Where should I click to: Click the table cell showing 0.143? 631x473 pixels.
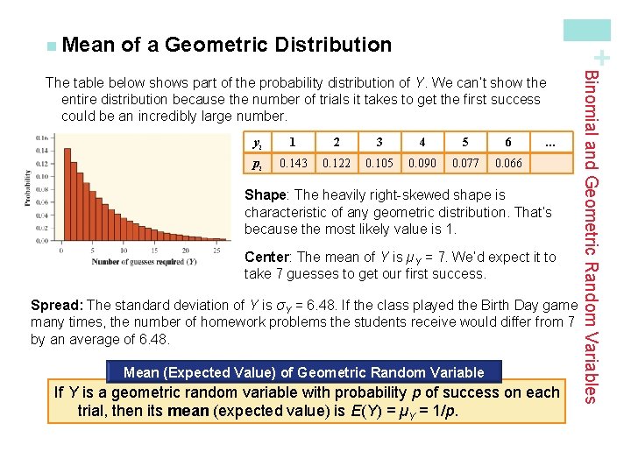(x=293, y=163)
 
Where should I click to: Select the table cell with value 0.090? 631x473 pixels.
(x=422, y=163)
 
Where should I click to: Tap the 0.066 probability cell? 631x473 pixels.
(x=508, y=163)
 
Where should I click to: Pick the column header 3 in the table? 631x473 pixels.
(x=379, y=142)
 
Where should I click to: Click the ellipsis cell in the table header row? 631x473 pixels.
(x=550, y=142)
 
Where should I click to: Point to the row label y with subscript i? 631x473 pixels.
(x=256, y=142)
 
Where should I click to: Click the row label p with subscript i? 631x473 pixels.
(x=256, y=164)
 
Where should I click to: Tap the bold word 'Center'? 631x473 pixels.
(x=267, y=258)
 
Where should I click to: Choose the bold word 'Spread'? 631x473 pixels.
(x=56, y=306)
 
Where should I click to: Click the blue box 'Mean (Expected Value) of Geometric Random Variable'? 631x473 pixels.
(x=304, y=372)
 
